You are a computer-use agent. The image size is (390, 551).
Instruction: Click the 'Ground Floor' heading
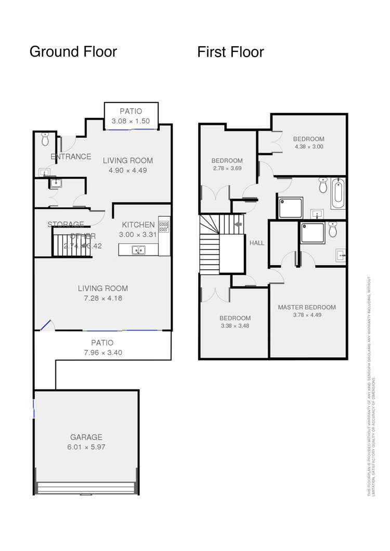tap(73, 52)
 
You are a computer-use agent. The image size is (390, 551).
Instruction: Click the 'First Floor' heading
tap(230, 52)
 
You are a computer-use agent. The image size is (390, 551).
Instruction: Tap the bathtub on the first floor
tap(337, 193)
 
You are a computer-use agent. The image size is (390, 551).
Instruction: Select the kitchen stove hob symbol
tap(164, 226)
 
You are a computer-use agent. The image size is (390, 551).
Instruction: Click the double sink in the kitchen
tap(138, 251)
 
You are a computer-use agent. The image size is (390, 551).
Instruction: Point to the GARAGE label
tap(86, 437)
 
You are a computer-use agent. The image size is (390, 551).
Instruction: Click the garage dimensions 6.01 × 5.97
tap(86, 447)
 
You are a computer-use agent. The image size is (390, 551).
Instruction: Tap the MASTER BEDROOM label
tap(306, 307)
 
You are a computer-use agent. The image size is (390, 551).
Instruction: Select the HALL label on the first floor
tap(257, 243)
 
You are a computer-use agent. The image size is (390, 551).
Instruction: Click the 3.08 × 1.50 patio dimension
tap(131, 121)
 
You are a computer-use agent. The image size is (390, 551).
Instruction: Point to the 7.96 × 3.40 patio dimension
tap(102, 352)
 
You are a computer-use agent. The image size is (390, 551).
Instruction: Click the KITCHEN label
tap(138, 225)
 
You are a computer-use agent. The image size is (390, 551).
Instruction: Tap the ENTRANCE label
tap(71, 156)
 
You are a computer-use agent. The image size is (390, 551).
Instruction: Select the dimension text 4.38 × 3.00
tap(308, 147)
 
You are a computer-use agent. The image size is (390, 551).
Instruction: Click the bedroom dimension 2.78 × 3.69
tap(227, 168)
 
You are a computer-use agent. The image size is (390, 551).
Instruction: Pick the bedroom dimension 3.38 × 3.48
tap(235, 326)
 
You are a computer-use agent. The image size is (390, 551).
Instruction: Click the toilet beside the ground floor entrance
tap(45, 139)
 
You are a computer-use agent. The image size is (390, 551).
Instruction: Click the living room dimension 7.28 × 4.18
tap(102, 298)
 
